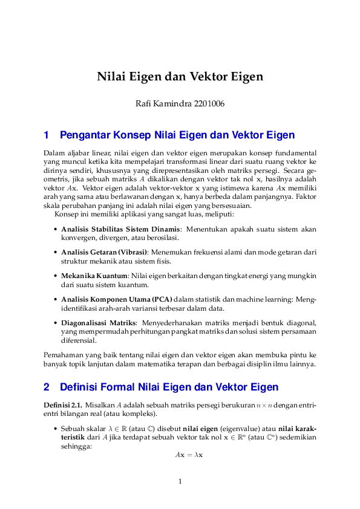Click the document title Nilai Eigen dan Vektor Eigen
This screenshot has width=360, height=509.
point(180,77)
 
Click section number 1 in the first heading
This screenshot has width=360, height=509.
point(47,135)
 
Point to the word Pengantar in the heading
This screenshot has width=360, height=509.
point(85,135)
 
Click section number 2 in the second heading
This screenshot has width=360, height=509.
point(47,387)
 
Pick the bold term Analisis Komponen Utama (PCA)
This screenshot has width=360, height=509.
point(117,299)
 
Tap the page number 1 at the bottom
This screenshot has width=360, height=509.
point(180,482)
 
